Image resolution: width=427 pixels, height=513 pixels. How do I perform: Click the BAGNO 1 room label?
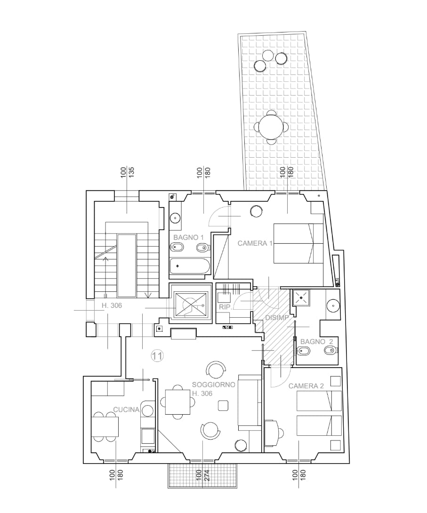(188, 237)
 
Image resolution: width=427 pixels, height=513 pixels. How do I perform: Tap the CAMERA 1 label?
(255, 243)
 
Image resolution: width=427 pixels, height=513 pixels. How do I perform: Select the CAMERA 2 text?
(306, 386)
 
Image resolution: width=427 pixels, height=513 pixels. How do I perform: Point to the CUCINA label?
(126, 409)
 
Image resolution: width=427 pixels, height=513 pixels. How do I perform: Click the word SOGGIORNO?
(214, 385)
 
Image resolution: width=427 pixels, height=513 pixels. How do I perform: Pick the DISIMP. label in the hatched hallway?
(277, 318)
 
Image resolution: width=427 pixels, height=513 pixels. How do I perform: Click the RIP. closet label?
(225, 307)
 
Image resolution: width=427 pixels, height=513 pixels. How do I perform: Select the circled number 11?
(157, 356)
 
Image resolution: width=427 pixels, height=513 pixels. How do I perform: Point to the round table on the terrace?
(272, 126)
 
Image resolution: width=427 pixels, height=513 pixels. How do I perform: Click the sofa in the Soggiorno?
(250, 402)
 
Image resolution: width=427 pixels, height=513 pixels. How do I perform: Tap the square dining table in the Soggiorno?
(177, 401)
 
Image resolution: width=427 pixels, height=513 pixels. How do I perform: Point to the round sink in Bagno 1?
(176, 218)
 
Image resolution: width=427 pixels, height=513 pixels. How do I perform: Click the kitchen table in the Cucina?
(105, 427)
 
